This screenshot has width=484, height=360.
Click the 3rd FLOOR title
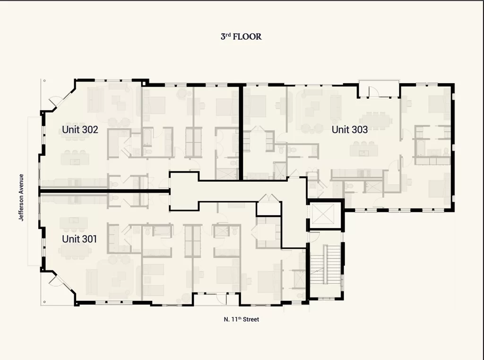[x=241, y=36]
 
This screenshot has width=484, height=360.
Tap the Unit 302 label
[x=80, y=130]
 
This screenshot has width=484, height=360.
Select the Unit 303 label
[x=349, y=130]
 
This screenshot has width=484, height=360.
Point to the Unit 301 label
[x=79, y=239]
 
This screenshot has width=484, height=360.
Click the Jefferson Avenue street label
[x=21, y=197]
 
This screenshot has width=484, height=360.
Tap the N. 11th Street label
[x=242, y=319]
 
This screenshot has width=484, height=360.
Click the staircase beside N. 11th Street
[x=325, y=264]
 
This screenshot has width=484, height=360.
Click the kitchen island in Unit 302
[x=75, y=159]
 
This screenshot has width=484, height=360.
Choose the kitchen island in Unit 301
[x=74, y=222]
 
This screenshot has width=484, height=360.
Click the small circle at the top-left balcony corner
[x=44, y=80]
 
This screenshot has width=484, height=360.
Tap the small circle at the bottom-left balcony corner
[x=44, y=302]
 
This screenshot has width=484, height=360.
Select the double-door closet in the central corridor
[x=269, y=205]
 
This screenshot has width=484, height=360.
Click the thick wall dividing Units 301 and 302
[x=105, y=191]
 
